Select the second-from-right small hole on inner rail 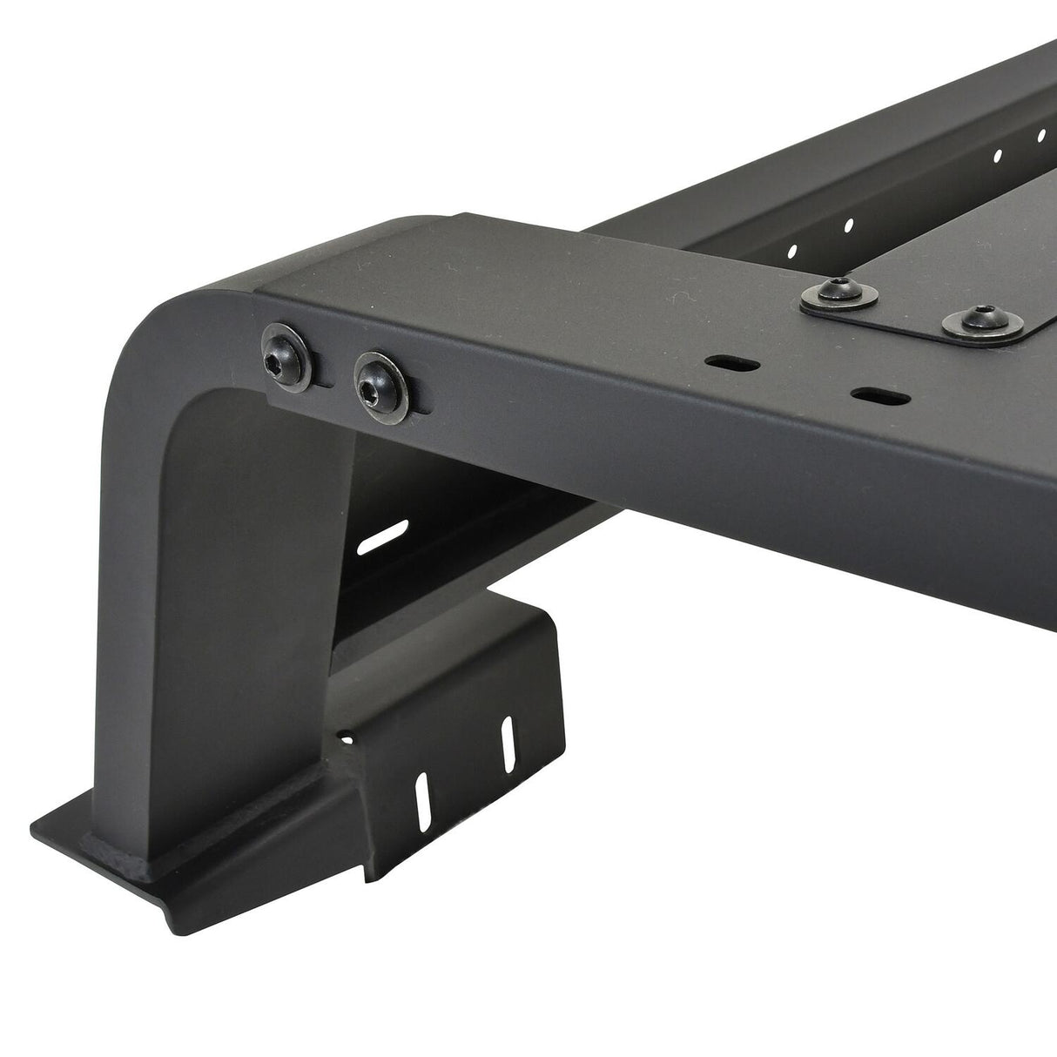(998, 157)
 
